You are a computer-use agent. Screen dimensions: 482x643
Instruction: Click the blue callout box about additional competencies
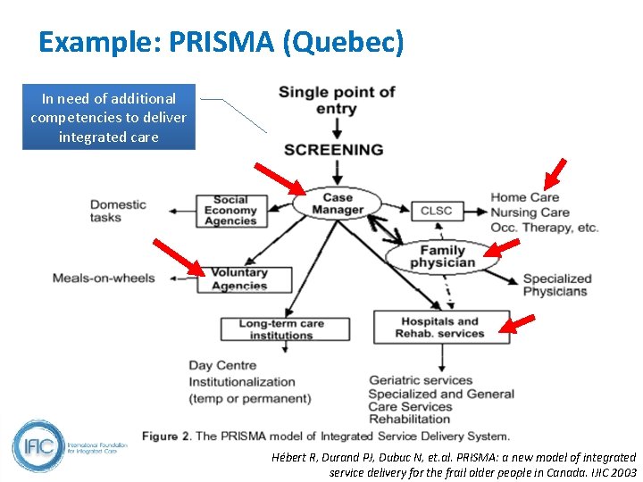tap(108, 117)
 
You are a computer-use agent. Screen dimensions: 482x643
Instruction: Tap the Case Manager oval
tap(337, 204)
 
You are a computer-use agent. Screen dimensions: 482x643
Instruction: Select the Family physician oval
tap(442, 257)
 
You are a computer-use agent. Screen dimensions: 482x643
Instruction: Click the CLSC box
tap(436, 211)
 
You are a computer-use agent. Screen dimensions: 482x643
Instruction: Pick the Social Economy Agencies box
tap(230, 211)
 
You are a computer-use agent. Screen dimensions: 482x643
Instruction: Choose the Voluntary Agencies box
tap(239, 279)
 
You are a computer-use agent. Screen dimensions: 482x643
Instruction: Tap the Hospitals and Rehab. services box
tap(440, 328)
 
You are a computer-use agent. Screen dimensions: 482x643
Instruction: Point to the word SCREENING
tap(333, 149)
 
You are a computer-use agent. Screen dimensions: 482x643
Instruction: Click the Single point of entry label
tap(337, 100)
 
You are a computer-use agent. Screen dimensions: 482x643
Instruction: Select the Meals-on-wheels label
tap(104, 278)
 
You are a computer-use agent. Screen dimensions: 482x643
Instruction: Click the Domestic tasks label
tap(118, 211)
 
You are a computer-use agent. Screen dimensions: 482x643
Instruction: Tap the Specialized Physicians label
tap(556, 285)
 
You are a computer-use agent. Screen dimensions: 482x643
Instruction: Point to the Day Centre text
tap(222, 365)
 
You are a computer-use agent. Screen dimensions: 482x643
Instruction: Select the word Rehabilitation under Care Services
tap(410, 419)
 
